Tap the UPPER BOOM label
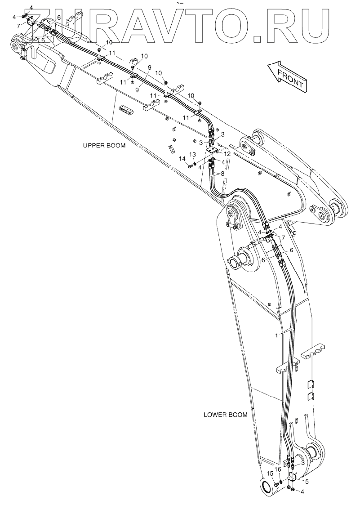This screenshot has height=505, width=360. click(x=104, y=146)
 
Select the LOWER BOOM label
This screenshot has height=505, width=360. click(x=225, y=415)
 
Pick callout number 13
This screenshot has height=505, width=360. click(x=192, y=154)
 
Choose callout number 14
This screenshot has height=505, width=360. click(x=182, y=159)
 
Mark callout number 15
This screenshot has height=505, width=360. click(x=270, y=473)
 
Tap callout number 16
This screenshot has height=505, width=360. click(x=278, y=469)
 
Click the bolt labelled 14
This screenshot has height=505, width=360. click(x=190, y=166)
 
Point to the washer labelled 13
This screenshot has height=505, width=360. click(x=195, y=163)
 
